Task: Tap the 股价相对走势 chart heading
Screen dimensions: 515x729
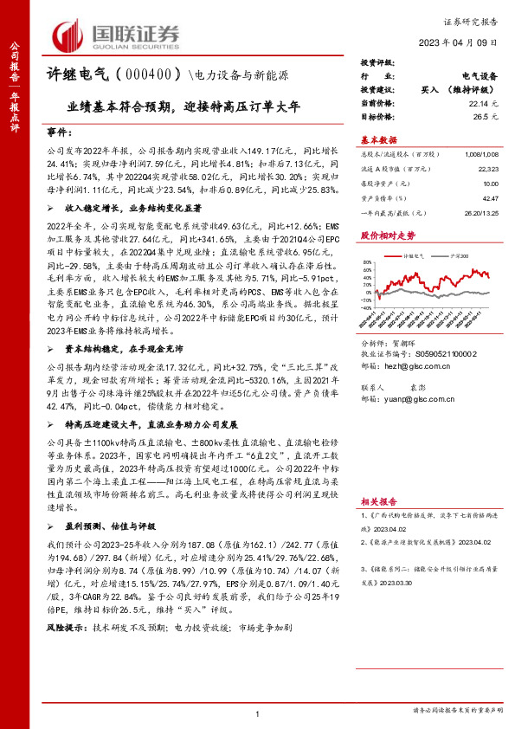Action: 387,235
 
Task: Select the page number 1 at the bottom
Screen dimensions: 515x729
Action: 258,713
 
